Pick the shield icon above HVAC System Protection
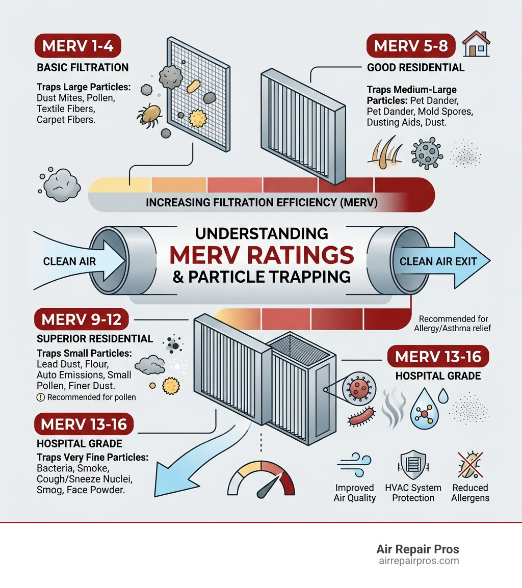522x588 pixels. [413, 463]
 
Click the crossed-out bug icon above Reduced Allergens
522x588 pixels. [469, 463]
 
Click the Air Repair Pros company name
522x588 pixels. [417, 549]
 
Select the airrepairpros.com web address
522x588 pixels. [417, 561]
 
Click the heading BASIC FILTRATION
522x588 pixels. [83, 68]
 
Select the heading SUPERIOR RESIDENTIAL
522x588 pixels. [95, 339]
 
